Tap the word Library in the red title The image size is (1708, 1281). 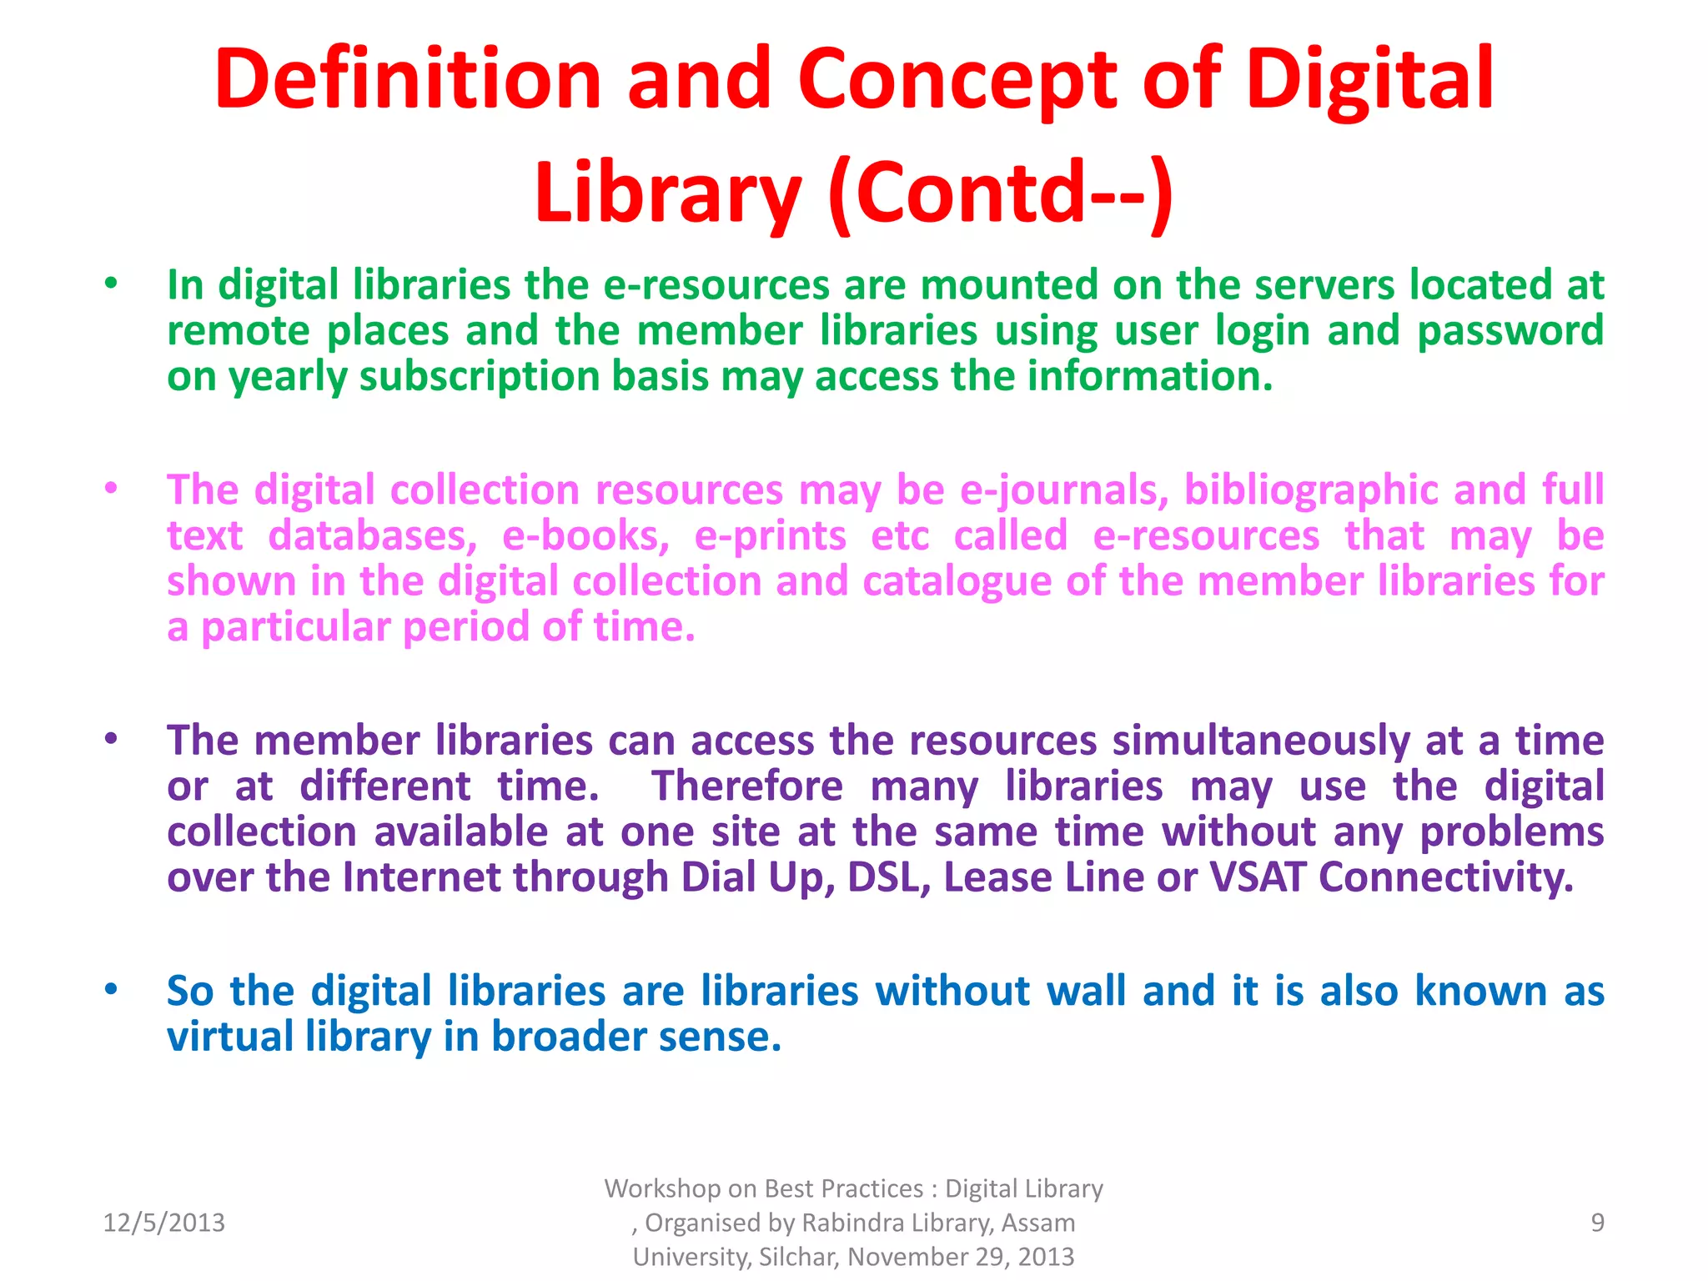pyautogui.click(x=668, y=193)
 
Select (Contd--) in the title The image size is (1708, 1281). pyautogui.click(x=1002, y=193)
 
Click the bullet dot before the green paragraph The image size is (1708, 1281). pyautogui.click(x=111, y=284)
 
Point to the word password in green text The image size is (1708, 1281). pyautogui.click(x=1510, y=331)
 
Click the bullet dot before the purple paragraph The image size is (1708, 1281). pyautogui.click(x=111, y=739)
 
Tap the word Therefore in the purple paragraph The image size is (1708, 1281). pyautogui.click(x=747, y=786)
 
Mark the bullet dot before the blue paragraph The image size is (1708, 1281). pyautogui.click(x=111, y=990)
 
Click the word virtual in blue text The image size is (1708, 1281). pyautogui.click(x=230, y=1037)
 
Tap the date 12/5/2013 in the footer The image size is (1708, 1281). pyautogui.click(x=163, y=1223)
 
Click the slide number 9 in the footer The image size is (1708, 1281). pyautogui.click(x=1597, y=1223)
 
